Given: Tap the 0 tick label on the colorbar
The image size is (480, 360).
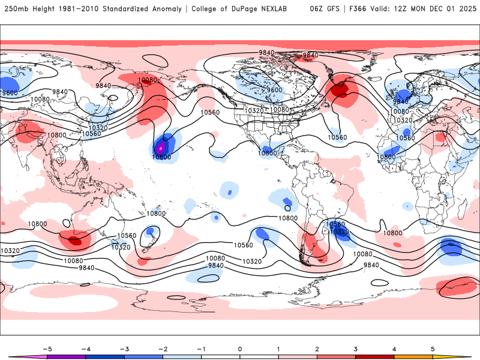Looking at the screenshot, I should pyautogui.click(x=239, y=349).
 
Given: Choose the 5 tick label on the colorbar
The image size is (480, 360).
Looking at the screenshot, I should pyautogui.click(x=433, y=349).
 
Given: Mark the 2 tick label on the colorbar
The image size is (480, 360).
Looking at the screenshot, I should pyautogui.click(x=317, y=349).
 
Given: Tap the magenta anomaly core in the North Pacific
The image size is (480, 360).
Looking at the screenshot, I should pyautogui.click(x=160, y=146).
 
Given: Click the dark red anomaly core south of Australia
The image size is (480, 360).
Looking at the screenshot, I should pyautogui.click(x=74, y=241).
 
